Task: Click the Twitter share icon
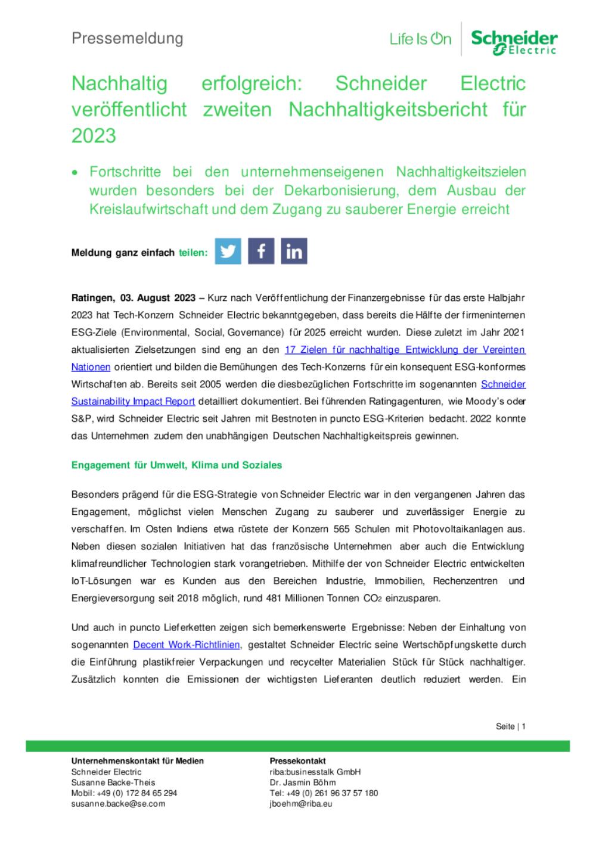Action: tap(228, 251)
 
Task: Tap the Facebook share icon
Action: tap(261, 251)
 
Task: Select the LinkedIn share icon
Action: tap(294, 251)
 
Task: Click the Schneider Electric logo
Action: tap(514, 42)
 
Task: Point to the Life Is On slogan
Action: tap(420, 39)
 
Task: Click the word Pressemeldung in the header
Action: tap(127, 39)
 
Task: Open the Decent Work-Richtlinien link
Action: tap(187, 645)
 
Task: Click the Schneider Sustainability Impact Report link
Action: tap(133, 402)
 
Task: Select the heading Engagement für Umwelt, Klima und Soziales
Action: tap(176, 465)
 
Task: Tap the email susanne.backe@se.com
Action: tap(118, 803)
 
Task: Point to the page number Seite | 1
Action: tap(511, 726)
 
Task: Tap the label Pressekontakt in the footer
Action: tap(297, 761)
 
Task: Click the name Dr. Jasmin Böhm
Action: tap(303, 782)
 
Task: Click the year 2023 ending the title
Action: tap(94, 136)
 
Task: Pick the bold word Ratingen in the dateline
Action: tap(92, 298)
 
